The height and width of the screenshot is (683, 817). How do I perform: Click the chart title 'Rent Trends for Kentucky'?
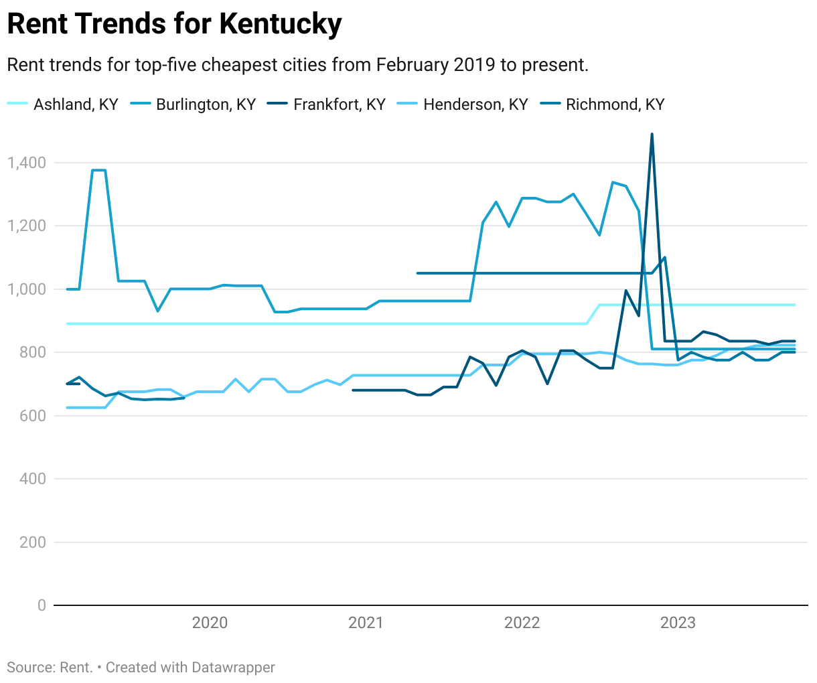coord(174,25)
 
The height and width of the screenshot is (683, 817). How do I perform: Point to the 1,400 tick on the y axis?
coord(26,163)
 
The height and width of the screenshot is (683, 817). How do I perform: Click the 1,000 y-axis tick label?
coord(26,289)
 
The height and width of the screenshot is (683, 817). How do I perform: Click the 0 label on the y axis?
coord(42,605)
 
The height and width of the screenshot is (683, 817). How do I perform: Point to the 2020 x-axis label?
coord(210,623)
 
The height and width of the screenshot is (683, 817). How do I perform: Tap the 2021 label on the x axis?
coord(366,623)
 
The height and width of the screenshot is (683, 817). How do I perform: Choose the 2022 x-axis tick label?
coord(522,623)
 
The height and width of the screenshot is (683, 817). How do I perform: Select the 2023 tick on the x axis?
coord(678,623)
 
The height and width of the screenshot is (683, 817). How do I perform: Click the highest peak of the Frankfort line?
coord(652,135)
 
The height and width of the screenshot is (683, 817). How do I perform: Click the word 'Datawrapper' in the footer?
coord(233,668)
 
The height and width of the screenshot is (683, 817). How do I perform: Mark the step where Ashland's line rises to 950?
coord(593,314)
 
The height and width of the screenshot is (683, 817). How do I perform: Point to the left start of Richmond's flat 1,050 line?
coord(418,273)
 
